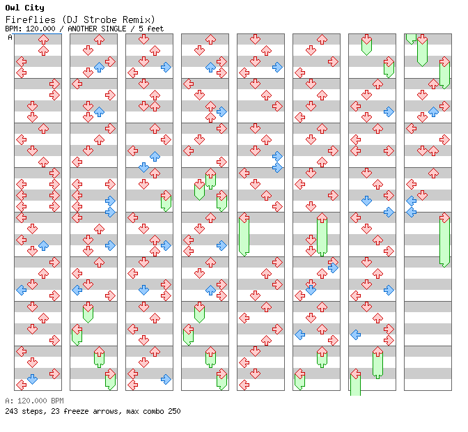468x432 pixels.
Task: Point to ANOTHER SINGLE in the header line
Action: point(97,29)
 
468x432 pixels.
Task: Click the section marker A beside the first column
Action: point(10,37)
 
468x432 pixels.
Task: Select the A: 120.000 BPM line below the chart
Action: point(34,401)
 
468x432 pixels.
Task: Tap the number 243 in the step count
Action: point(11,411)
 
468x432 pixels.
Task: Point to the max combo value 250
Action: point(173,411)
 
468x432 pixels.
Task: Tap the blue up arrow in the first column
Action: point(43,245)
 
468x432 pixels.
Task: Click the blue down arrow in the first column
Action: point(32,379)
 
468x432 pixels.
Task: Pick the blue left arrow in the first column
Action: point(21,290)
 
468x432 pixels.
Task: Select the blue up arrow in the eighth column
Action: point(433,111)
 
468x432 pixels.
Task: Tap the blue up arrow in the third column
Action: point(155,156)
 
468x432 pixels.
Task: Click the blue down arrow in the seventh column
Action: point(366,201)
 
